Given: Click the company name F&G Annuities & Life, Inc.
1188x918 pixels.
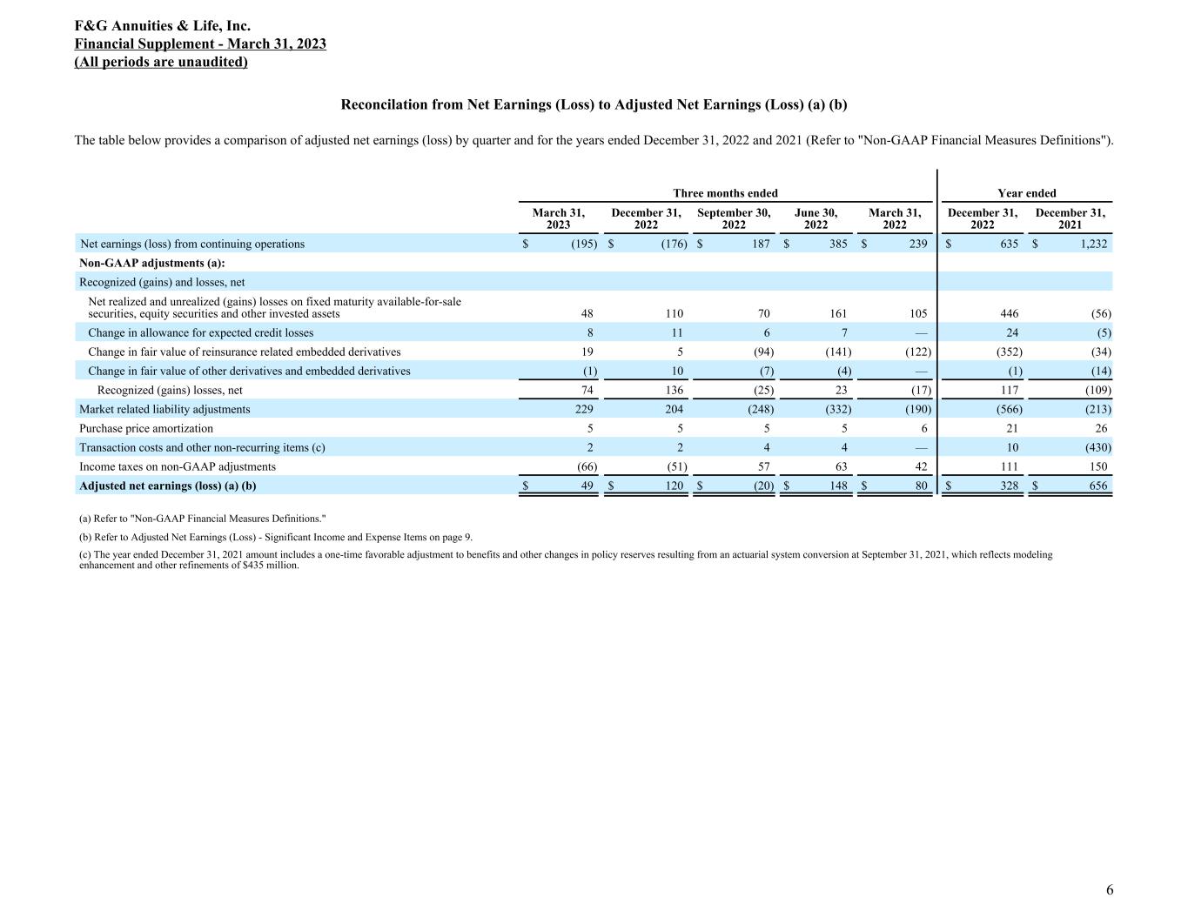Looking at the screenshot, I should tap(163, 26).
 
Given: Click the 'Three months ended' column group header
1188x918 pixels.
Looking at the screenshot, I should tap(725, 193).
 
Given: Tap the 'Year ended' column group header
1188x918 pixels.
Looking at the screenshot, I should tap(1026, 193).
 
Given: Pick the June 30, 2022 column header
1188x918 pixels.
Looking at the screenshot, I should tap(815, 218).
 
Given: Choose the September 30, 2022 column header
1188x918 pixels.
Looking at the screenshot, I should tap(734, 218).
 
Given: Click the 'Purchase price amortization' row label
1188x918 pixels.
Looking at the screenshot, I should tap(146, 428).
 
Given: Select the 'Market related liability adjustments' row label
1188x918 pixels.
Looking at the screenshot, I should tap(164, 409).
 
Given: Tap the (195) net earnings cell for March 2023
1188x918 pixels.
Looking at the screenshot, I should tap(584, 245).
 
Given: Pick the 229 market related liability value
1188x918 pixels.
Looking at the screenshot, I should tap(585, 409).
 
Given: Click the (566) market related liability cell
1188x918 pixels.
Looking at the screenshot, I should tap(1009, 409).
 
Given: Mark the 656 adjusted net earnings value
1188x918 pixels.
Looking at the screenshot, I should tap(1098, 486).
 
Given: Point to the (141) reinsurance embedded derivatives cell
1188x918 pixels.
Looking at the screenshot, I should tap(837, 352).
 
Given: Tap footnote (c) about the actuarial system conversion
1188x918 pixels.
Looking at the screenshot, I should tap(566, 560).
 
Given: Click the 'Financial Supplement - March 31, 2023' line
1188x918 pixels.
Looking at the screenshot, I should tap(200, 44).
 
